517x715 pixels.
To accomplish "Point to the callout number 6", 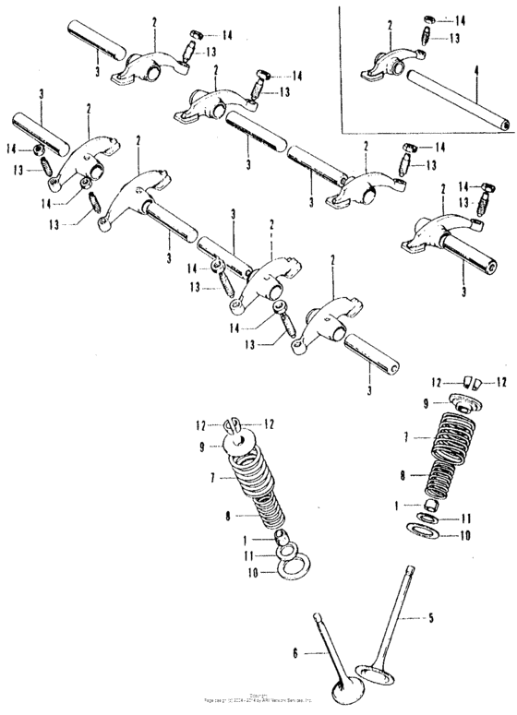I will [x=296, y=653].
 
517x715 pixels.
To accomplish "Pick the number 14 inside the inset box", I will [x=462, y=19].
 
